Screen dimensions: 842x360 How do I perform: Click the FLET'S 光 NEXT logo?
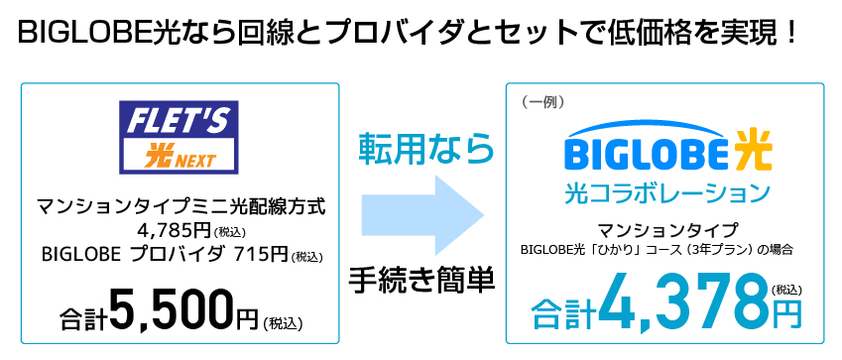tap(179, 137)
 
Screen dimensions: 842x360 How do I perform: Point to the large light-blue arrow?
tap(422, 214)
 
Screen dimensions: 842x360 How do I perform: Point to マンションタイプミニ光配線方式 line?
tap(180, 207)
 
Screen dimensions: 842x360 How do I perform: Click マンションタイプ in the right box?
tap(666, 230)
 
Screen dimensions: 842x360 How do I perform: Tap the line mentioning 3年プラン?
tap(657, 249)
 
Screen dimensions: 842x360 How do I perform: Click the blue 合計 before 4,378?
tap(564, 314)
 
